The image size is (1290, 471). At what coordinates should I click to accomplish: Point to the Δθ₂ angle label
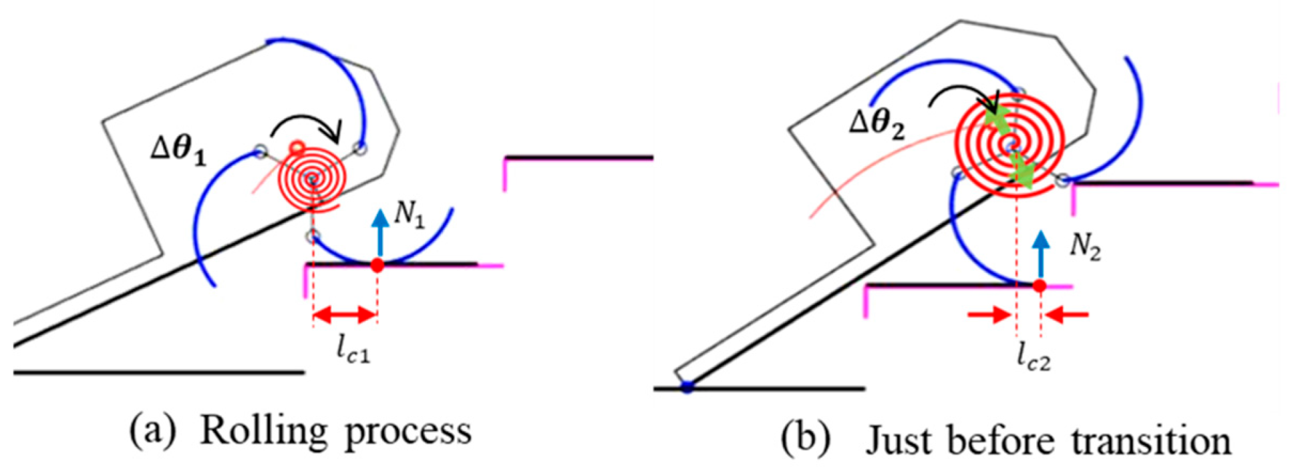pyautogui.click(x=877, y=124)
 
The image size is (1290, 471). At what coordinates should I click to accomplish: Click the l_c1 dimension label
pyautogui.click(x=353, y=351)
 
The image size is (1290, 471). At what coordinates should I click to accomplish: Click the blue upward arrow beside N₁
pyautogui.click(x=380, y=231)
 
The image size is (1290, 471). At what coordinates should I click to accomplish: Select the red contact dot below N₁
pyautogui.click(x=377, y=265)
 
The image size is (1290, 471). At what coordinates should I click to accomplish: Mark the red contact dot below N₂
pyautogui.click(x=1039, y=286)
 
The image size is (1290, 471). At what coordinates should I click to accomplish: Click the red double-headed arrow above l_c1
pyautogui.click(x=345, y=314)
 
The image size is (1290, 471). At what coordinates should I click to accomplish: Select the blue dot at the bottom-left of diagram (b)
pyautogui.click(x=687, y=386)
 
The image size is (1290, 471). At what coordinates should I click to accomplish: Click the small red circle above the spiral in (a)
pyautogui.click(x=297, y=147)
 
